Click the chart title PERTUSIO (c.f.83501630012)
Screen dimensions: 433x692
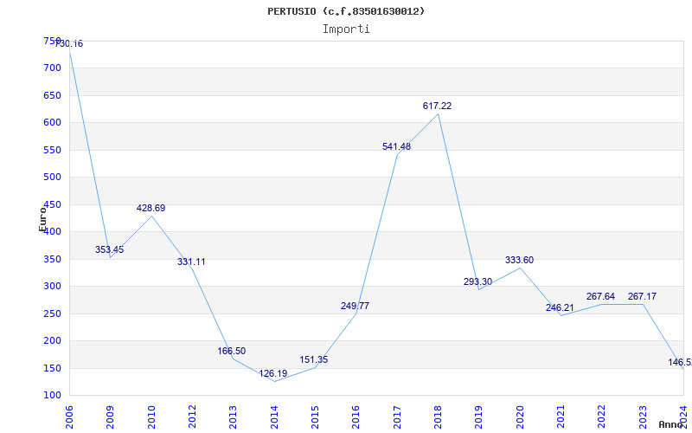[x=346, y=11]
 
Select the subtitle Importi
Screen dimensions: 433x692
[x=346, y=29]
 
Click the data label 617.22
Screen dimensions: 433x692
[x=437, y=106]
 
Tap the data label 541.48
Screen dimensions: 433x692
[x=396, y=146]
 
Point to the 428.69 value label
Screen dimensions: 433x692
[x=151, y=208]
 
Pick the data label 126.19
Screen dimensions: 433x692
[x=273, y=374]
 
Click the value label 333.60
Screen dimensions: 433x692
[x=519, y=260]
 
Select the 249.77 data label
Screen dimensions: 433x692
[x=355, y=306]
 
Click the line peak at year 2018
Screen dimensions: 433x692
[x=439, y=113]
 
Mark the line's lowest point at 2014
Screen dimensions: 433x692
[x=274, y=381]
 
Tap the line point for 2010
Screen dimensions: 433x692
[x=151, y=216]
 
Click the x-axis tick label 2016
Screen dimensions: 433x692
[x=356, y=415]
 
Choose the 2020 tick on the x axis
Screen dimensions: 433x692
[x=519, y=415]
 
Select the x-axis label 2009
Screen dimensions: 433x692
[x=111, y=415]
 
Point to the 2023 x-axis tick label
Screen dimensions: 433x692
[x=642, y=415]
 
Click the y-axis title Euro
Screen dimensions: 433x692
[x=42, y=218]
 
